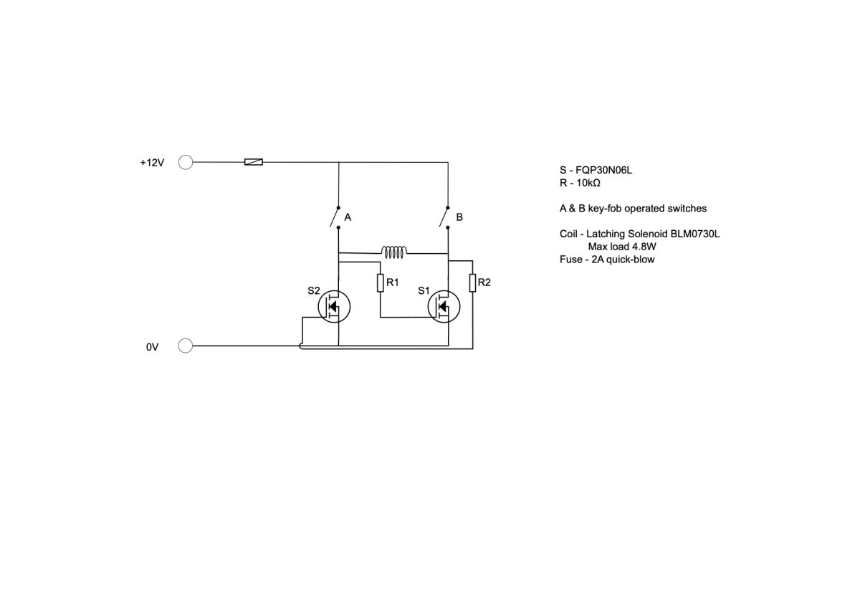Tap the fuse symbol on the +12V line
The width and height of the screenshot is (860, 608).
coord(254,162)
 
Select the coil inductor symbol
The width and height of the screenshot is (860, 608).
coord(394,252)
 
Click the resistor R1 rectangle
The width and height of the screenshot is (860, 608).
coord(380,283)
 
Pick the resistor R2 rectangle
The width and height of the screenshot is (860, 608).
coord(472,283)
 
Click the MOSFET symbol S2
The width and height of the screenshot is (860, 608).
coord(334,306)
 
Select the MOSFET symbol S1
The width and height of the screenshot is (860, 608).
coord(444,306)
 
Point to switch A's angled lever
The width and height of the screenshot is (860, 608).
coord(335,217)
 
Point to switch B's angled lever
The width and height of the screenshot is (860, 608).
coord(444,217)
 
